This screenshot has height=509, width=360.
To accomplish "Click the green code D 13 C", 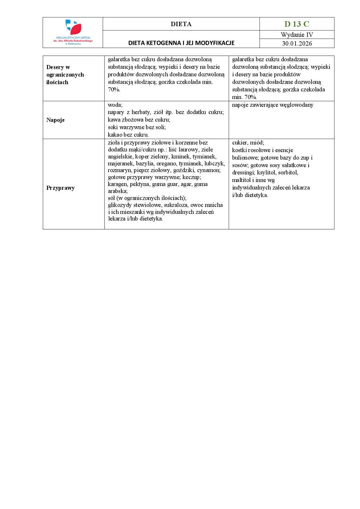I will (297, 24).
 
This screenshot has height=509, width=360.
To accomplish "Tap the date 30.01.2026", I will (297, 44).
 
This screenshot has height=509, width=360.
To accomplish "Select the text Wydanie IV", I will (297, 35).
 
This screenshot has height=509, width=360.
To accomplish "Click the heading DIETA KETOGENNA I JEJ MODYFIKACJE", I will (181, 43).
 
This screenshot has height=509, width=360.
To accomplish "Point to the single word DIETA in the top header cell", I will (181, 24).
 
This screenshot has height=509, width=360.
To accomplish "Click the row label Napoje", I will (55, 120).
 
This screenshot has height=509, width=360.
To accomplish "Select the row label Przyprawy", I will (60, 188).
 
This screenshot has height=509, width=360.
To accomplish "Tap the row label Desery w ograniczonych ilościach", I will (65, 75).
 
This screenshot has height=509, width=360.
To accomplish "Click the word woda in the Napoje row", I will (115, 105).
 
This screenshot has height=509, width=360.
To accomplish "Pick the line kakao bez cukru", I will (128, 135).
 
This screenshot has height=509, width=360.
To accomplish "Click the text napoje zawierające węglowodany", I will (273, 105).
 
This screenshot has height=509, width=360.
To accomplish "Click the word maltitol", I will (242, 180).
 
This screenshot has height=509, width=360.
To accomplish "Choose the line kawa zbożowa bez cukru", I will (139, 120).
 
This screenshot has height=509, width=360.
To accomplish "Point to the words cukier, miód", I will (248, 142).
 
